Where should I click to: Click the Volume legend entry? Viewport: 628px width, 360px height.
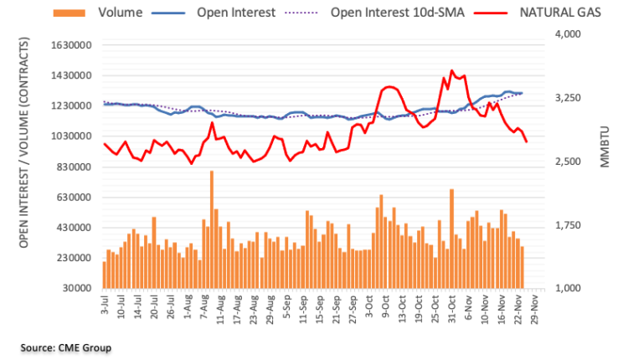[117, 13]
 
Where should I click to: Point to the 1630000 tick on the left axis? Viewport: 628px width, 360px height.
[69, 45]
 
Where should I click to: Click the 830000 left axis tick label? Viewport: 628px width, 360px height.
[73, 167]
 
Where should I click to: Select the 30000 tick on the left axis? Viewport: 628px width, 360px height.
[75, 288]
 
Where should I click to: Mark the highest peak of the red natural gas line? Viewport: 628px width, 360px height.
[452, 71]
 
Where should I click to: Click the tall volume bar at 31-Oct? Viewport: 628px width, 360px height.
[451, 238]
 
